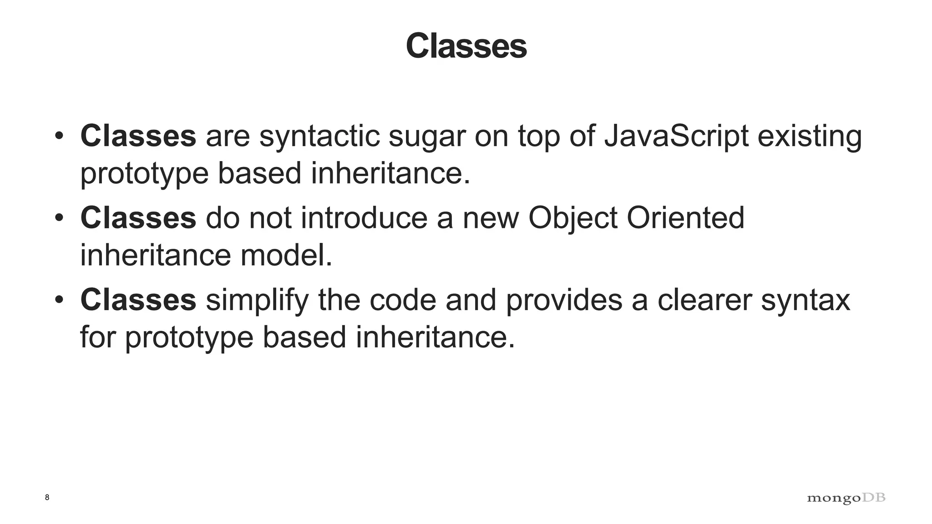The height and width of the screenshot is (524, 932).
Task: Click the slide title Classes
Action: [x=466, y=46]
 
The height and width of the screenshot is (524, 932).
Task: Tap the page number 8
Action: [x=47, y=497]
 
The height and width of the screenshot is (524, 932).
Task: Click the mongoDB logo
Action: [x=846, y=498]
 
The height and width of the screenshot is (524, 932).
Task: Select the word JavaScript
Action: [x=676, y=136]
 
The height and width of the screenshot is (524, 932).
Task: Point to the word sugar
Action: [x=427, y=137]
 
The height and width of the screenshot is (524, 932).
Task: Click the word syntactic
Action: [x=319, y=137]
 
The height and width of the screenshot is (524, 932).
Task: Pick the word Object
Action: [x=572, y=219]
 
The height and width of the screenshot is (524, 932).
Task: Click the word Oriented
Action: [x=685, y=218]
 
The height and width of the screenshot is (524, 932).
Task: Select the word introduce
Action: [x=364, y=218]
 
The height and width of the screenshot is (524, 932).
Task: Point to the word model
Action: [x=286, y=255]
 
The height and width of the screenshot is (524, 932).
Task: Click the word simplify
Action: [x=257, y=301]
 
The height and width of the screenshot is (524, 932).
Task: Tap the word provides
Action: [x=564, y=301]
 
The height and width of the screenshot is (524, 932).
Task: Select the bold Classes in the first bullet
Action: [x=138, y=136]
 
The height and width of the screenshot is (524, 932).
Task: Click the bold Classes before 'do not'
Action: [x=138, y=218]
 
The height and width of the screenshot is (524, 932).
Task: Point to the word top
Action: [x=539, y=137]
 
